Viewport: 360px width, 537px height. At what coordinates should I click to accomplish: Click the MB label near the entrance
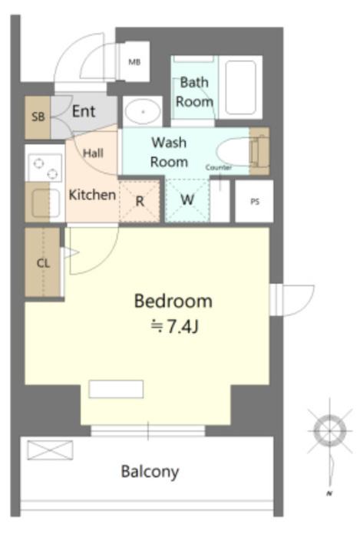134,62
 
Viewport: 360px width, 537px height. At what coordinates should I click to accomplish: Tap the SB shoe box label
38,117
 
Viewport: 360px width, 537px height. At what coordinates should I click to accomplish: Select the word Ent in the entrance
84,111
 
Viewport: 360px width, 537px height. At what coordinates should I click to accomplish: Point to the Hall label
93,153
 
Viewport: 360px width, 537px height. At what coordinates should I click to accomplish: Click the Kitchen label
92,195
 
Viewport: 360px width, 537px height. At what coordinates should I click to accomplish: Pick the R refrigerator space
140,201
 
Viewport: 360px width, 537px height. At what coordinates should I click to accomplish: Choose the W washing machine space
187,199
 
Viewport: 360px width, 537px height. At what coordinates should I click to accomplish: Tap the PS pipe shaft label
255,202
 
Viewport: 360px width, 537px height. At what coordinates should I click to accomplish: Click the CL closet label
43,263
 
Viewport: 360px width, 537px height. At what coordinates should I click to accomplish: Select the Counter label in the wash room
219,167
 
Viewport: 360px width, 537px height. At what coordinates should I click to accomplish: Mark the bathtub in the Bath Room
241,87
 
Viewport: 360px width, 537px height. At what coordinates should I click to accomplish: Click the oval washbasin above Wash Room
143,112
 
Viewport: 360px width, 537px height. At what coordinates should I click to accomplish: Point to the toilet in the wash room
242,152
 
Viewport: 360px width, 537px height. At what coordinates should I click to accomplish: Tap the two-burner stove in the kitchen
45,168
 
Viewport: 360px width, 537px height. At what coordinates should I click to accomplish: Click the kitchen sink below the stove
45,203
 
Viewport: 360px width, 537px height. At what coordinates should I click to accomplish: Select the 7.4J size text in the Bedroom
175,326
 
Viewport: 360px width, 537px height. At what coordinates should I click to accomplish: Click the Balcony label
150,472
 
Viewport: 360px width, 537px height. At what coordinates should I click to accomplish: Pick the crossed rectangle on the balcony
50,450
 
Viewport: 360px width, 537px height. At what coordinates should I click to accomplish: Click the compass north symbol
330,431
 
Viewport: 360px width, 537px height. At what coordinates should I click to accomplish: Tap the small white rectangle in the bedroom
116,389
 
